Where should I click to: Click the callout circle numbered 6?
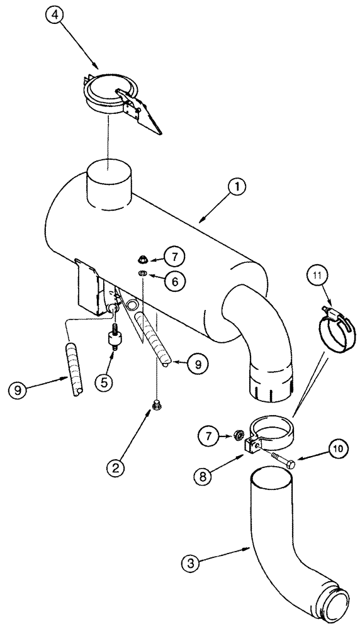(176, 282)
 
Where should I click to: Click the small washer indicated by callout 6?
(143, 273)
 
